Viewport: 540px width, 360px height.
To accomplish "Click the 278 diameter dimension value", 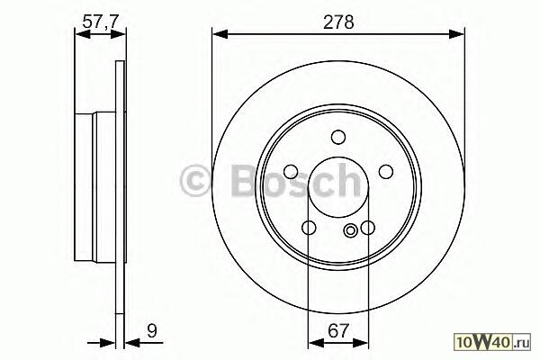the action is click(x=338, y=22).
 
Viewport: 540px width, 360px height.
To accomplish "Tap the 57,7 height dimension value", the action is click(x=101, y=22).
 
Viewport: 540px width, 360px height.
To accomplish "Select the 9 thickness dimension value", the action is click(x=152, y=330).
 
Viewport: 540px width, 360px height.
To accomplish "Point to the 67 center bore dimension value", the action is click(x=338, y=330).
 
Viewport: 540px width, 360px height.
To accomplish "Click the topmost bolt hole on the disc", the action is click(x=338, y=137).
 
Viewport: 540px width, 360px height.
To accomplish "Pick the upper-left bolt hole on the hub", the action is click(x=291, y=172).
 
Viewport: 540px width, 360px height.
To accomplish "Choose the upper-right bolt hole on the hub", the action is click(x=386, y=172).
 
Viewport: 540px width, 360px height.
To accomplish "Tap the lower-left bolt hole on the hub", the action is click(x=309, y=228).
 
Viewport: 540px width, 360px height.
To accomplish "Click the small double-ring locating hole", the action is click(x=351, y=230).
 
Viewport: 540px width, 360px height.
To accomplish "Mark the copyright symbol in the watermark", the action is click(x=195, y=182).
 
